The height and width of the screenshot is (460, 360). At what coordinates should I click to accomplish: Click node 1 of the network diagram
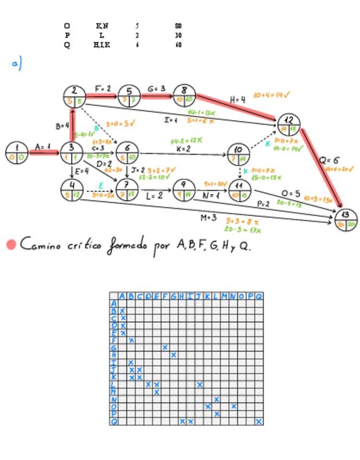point(17,152)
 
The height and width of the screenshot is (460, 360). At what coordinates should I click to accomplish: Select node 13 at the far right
point(346,219)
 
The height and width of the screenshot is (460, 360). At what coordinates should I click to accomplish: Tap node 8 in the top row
point(184,95)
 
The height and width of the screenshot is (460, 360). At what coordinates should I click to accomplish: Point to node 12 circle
point(288,124)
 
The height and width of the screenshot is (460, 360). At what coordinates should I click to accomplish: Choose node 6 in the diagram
point(127,152)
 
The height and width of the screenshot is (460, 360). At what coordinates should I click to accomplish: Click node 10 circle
point(238,154)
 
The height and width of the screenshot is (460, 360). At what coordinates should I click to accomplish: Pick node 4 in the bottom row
point(72,190)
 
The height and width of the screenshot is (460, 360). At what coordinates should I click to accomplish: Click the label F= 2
point(102,88)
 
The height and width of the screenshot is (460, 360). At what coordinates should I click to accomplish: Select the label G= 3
point(156,88)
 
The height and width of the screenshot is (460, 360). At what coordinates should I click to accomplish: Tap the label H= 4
point(237,100)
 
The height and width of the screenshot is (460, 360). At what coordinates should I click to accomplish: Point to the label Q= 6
point(329,161)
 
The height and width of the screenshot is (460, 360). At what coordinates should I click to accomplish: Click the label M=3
point(208,218)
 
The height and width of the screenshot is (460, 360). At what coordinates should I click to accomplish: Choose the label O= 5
point(291,194)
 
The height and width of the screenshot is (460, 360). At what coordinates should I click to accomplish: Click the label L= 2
point(154,196)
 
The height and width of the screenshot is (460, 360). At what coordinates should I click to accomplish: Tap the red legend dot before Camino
point(11,245)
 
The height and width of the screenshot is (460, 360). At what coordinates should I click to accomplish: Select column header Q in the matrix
point(259,296)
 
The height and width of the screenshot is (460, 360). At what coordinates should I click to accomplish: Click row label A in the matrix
point(114,304)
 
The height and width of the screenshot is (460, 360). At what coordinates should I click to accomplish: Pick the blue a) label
point(16,63)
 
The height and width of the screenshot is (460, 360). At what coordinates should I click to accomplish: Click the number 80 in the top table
point(178,25)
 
